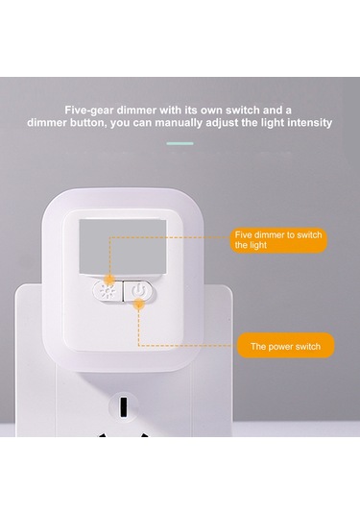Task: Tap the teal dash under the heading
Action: [x=180, y=143]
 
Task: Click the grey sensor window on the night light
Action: [x=123, y=246]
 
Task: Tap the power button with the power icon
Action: [x=139, y=290]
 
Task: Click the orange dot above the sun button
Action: [x=109, y=280]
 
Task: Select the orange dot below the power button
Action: [x=139, y=304]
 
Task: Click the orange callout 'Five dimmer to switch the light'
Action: [x=278, y=240]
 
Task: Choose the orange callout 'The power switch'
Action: [x=286, y=346]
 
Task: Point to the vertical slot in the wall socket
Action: [x=124, y=406]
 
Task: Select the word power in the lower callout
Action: [x=282, y=347]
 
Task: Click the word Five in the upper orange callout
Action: [x=243, y=234]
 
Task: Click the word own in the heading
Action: [x=211, y=110]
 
